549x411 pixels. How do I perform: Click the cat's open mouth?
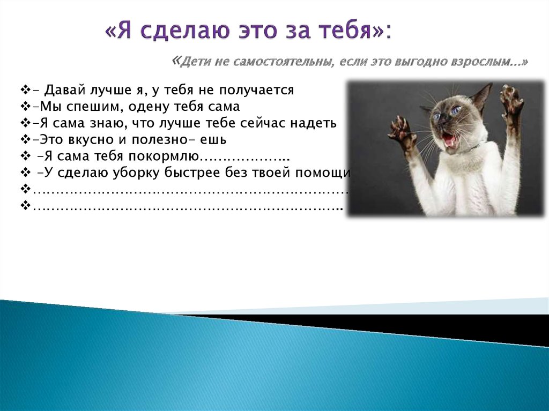coord(448,140)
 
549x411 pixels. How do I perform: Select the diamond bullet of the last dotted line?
coord(25,206)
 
